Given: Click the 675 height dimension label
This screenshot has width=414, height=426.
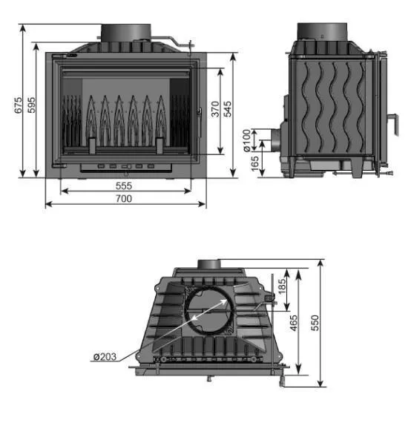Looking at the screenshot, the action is pos(18,105).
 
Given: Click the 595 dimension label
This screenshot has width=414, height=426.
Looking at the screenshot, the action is pos(31,105).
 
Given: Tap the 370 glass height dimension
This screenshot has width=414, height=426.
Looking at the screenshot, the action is pos(215,109).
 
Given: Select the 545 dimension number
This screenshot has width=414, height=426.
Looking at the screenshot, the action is pos(228,109).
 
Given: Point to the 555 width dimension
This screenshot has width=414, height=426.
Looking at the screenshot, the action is pos(124,186).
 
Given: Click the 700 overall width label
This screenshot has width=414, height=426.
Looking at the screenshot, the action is pos(124,199).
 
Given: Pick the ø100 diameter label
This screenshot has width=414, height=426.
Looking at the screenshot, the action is pos(246,140).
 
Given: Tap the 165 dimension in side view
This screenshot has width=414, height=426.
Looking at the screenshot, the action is pos(254,163).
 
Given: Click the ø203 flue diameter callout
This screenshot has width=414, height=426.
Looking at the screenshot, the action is pos(105,356).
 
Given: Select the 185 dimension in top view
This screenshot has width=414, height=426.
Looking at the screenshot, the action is pos(282,286).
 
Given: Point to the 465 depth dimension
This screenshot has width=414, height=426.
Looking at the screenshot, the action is pos(294,323).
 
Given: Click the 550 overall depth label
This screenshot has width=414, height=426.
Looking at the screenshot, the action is pos(315,323).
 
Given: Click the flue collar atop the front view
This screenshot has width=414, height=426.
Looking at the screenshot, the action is pos(126,33).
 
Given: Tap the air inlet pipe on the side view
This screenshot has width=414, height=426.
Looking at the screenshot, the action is pos(275,140).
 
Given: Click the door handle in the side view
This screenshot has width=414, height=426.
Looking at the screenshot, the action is pos(395,124).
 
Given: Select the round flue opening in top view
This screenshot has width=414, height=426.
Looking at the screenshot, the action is pos(209,309).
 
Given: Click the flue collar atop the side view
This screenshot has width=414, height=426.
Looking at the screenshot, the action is pos(322,32).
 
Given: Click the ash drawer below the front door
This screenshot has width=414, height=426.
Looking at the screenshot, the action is pos(126,168).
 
